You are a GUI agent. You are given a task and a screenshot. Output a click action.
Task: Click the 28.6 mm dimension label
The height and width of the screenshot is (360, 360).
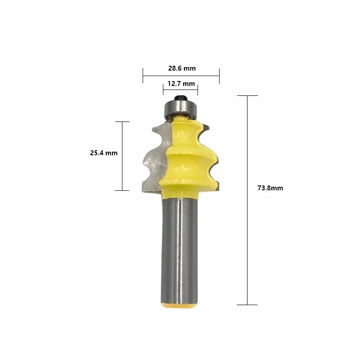click(182, 68)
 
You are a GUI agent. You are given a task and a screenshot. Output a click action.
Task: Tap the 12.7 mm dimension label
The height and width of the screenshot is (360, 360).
click(181, 84)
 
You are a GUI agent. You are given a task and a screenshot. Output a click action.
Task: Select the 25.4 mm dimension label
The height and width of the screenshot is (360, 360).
click(104, 153)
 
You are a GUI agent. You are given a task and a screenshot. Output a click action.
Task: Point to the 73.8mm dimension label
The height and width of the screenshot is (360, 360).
click(270, 188)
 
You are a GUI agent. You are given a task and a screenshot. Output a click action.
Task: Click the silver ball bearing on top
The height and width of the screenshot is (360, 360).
click(181, 109)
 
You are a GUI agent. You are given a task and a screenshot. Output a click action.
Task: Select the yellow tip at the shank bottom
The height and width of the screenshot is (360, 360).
click(179, 306)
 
